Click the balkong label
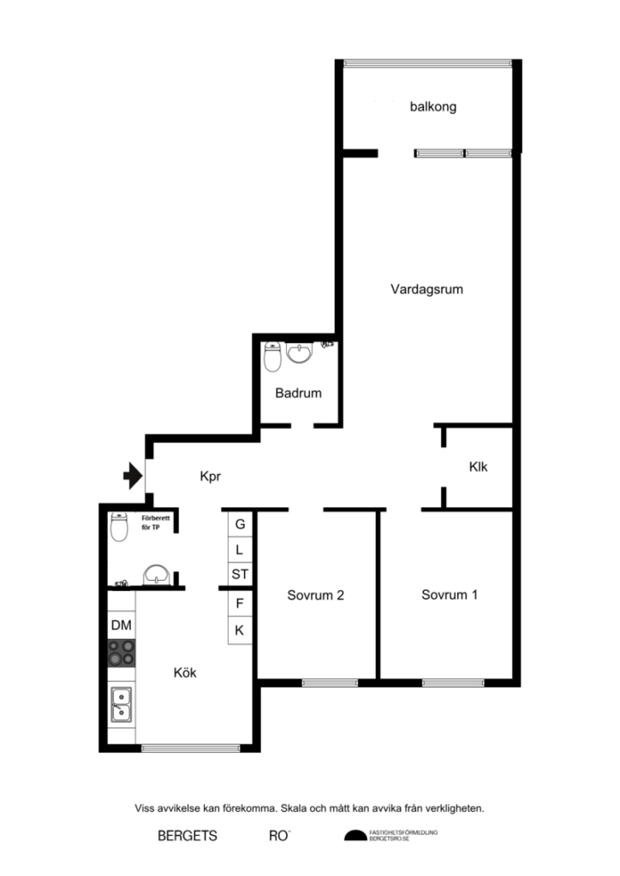[432, 107]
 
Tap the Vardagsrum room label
[426, 289]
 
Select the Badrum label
[298, 394]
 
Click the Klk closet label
[478, 467]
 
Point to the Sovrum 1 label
[450, 595]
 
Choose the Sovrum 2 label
[315, 595]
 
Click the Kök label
[185, 672]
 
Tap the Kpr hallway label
[211, 476]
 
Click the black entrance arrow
[133, 475]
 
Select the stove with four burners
[121, 653]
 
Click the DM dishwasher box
[121, 625]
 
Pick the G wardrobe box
[240, 524]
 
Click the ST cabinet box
[240, 574]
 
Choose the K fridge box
[240, 630]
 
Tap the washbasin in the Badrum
[300, 352]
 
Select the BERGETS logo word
[187, 836]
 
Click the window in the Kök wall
[190, 748]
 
